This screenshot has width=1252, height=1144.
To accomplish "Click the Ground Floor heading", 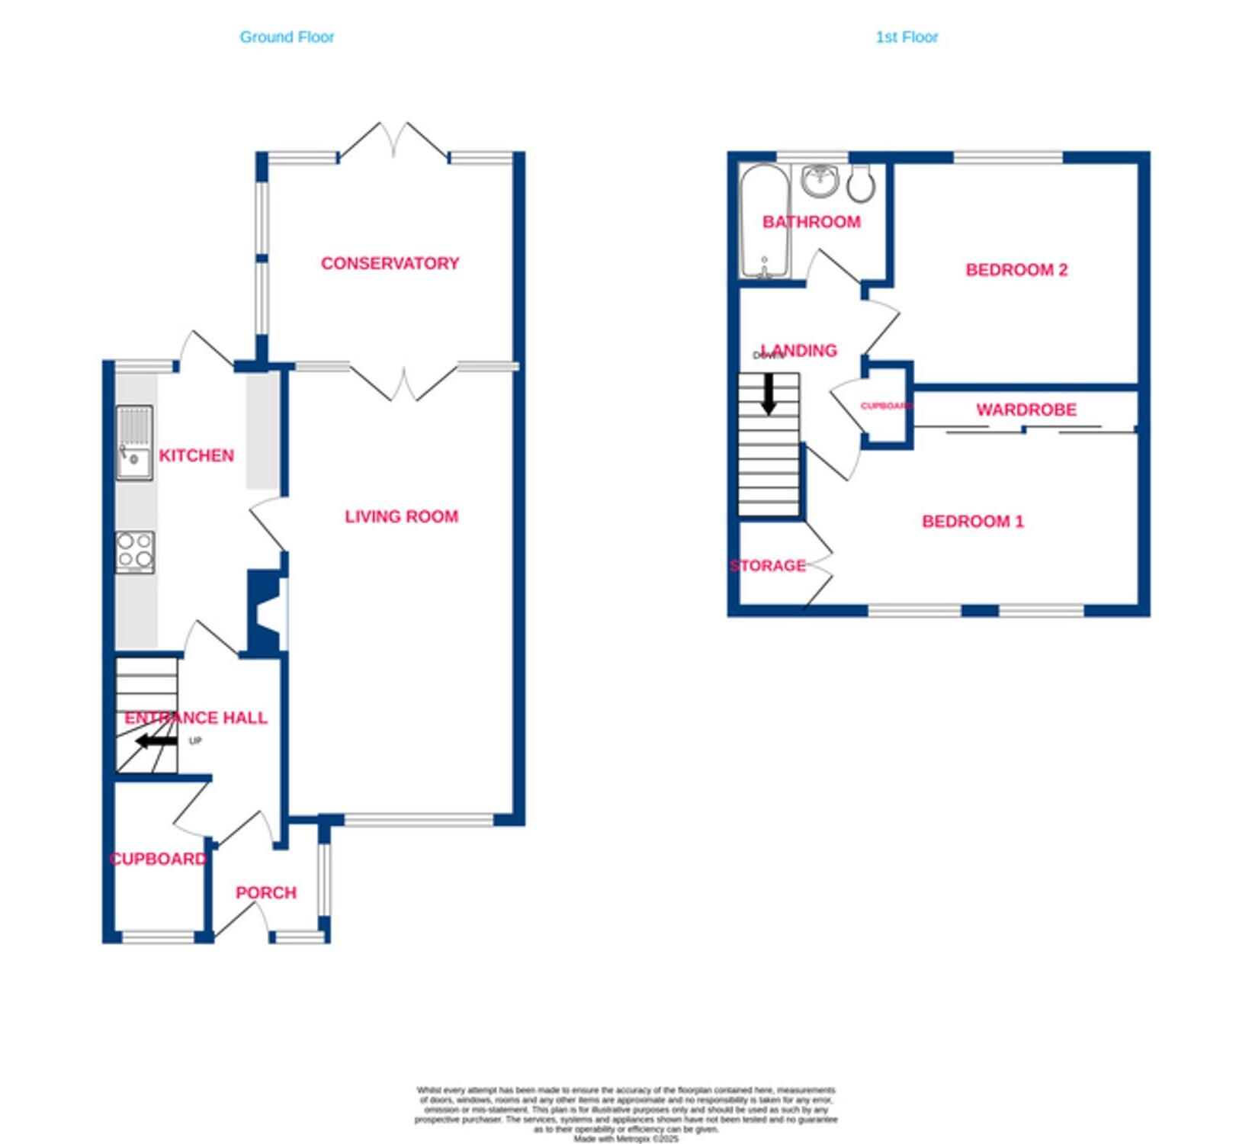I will (x=287, y=37).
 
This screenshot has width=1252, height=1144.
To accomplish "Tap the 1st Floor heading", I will (x=906, y=37).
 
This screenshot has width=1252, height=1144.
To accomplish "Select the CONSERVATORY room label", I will (x=390, y=263).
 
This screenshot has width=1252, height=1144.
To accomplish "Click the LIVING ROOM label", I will (x=401, y=516).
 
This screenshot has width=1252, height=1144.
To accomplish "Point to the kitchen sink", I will (x=134, y=443).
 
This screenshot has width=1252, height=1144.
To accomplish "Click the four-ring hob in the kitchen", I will (x=135, y=551).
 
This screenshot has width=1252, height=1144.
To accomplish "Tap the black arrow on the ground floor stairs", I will (x=156, y=741).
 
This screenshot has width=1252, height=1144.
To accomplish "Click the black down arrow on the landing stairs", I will (x=769, y=394).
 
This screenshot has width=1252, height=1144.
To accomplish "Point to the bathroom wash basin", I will (x=820, y=180).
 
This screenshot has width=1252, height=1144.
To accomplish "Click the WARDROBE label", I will (x=1026, y=410).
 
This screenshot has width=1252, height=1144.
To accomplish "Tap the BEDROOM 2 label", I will (x=1016, y=269).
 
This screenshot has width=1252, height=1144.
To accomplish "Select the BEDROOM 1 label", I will (x=972, y=521).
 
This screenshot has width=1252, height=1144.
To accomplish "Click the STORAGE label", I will (x=767, y=565).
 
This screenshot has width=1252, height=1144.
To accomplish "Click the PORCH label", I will (x=265, y=892).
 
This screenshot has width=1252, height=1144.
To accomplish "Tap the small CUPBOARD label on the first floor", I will (x=886, y=406).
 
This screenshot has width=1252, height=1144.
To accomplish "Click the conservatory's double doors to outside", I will (x=394, y=141).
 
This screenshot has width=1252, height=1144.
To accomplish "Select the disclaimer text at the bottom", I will (x=625, y=1114).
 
